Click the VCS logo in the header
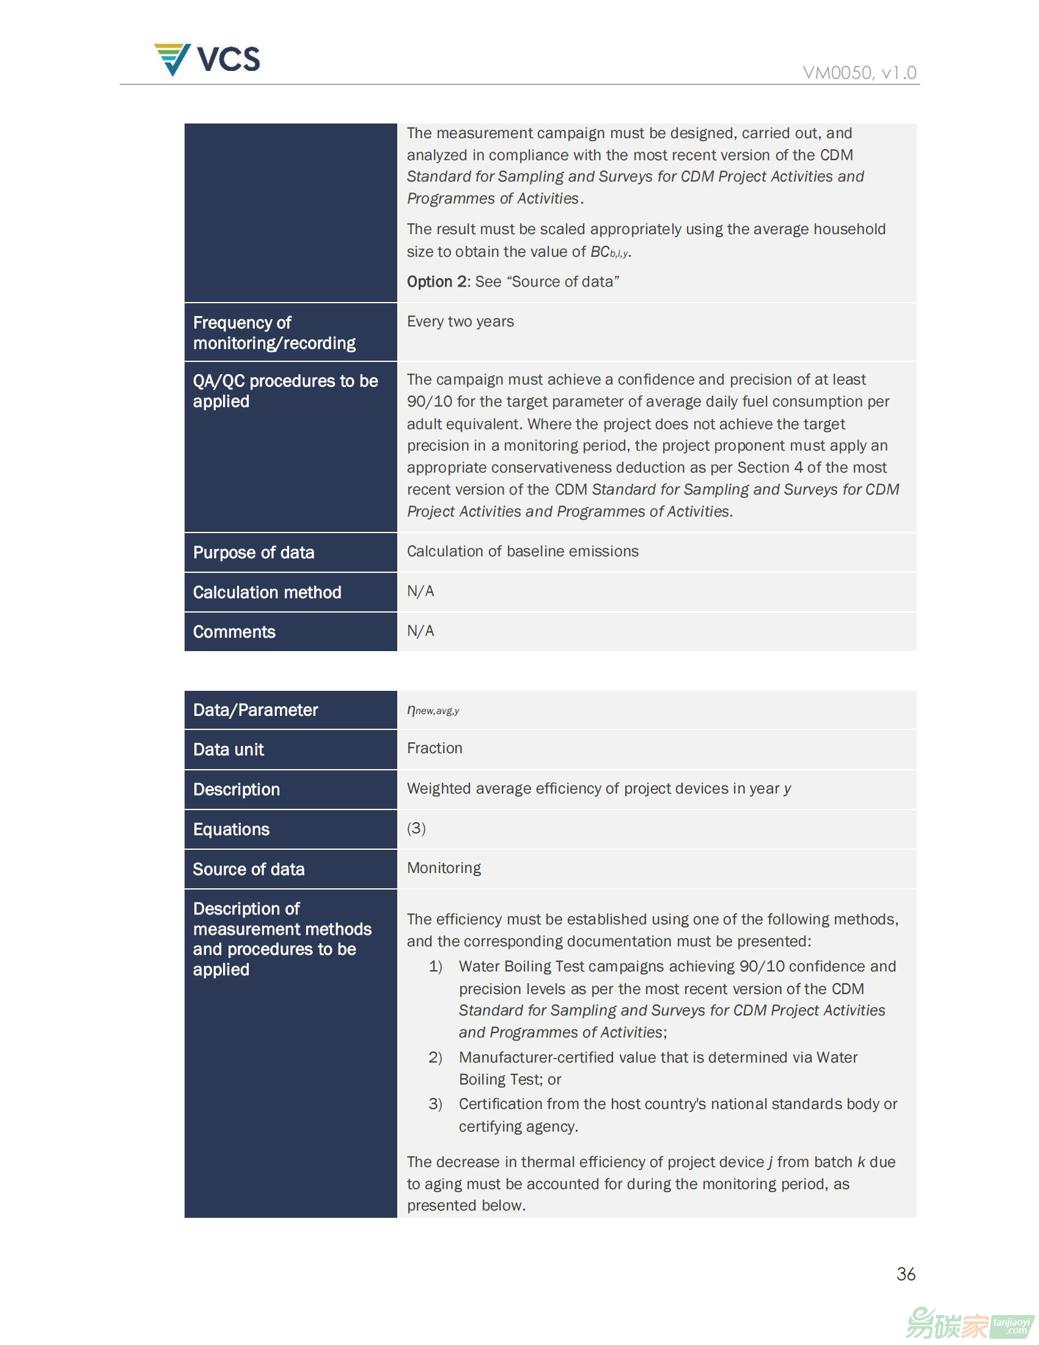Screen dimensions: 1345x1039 pos(207,59)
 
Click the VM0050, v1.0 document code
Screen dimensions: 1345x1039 pos(859,73)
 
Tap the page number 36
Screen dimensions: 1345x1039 pos(905,1273)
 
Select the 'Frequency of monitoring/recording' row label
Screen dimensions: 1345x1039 pos(274,333)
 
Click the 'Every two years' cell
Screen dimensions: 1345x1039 pos(460,322)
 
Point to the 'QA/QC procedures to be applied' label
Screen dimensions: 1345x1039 pos(285,391)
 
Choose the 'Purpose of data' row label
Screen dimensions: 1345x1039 pos(254,553)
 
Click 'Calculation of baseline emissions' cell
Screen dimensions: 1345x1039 pos(523,551)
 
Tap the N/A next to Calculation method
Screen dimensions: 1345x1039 pos(420,591)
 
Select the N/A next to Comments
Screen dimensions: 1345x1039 pos(420,631)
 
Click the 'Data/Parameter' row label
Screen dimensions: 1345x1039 pos(255,710)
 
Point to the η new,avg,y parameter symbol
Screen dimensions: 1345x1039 pos(433,710)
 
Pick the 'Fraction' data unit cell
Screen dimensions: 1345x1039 pos(435,748)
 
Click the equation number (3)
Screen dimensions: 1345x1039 pos(416,828)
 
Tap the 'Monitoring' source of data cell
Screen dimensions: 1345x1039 pos(444,868)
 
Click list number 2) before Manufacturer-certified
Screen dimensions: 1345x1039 pos(435,1058)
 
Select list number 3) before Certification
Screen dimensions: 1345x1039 pos(435,1104)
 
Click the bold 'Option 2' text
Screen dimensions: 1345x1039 pos(437,281)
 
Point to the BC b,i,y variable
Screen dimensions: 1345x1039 pos(609,252)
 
